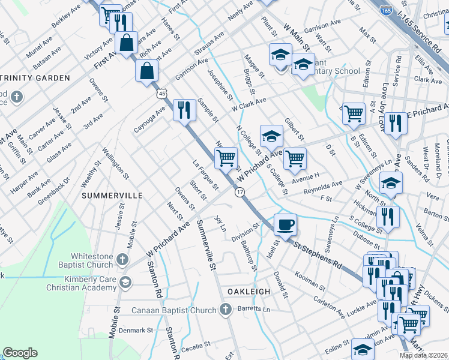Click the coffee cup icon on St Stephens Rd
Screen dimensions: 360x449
tap(285, 224)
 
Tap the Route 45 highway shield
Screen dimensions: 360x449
tap(161, 95)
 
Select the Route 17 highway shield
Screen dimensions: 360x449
tap(240, 192)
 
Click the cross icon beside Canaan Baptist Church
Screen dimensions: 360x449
tap(225, 310)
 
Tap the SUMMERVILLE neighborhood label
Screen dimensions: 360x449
tap(112, 196)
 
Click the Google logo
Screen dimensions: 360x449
tap(20, 353)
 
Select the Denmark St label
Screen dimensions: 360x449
tap(136, 330)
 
